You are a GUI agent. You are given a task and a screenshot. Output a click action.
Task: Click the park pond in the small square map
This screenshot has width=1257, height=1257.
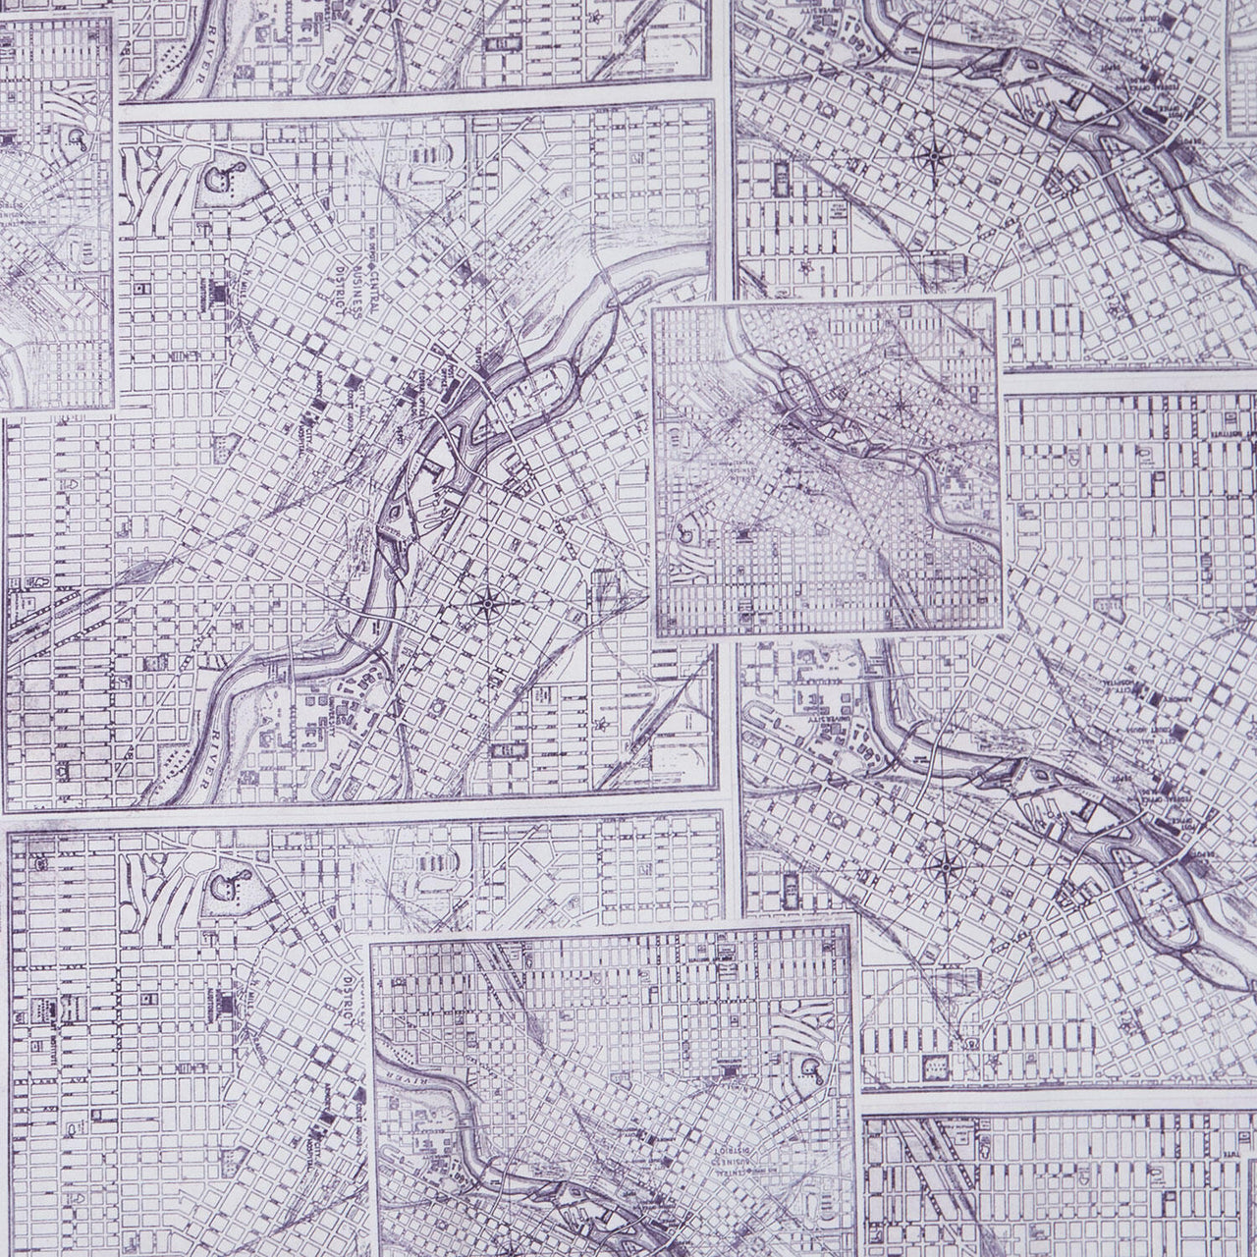point(684,536)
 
